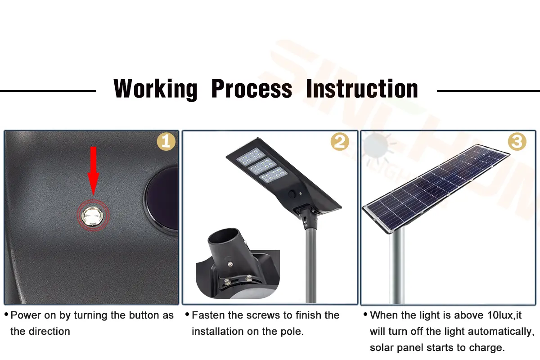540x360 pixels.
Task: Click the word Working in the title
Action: (x=155, y=89)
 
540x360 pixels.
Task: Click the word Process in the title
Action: (x=252, y=89)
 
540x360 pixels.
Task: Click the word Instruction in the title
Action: (x=362, y=89)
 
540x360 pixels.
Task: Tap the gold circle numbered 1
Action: (x=166, y=142)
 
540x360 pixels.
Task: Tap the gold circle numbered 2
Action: (x=340, y=142)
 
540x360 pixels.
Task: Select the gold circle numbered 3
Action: (x=517, y=142)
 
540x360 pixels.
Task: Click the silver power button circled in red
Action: (x=93, y=216)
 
